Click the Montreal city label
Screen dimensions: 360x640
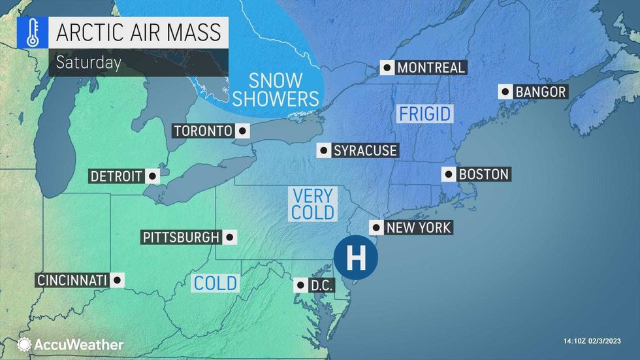point(431,67)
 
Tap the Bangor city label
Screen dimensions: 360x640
point(540,92)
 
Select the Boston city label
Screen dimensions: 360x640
point(483,174)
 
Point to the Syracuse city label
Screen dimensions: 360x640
point(364,150)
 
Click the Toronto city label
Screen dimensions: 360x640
point(203,131)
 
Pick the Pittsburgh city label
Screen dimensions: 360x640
point(181,237)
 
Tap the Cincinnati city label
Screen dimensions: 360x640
point(72,280)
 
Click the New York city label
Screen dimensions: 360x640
point(418,227)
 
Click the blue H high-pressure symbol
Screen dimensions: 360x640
point(356,258)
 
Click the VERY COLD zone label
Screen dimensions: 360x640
point(313,204)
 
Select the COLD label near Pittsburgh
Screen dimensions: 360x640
point(216,283)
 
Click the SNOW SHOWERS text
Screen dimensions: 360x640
point(276,90)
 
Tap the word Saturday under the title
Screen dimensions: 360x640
point(88,63)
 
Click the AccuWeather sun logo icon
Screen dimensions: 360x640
point(25,344)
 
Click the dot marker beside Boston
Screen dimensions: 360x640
point(449,174)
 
